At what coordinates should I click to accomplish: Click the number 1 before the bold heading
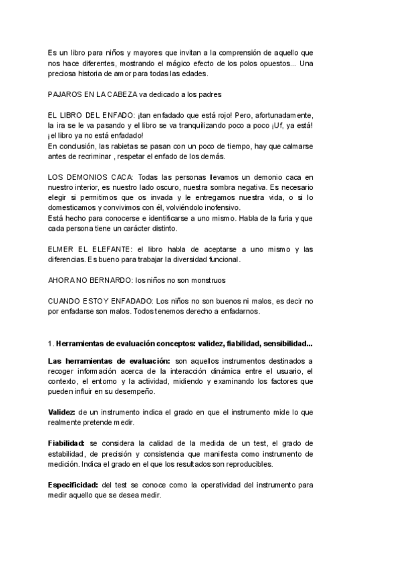50,344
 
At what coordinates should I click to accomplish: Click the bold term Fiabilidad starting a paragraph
65,443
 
